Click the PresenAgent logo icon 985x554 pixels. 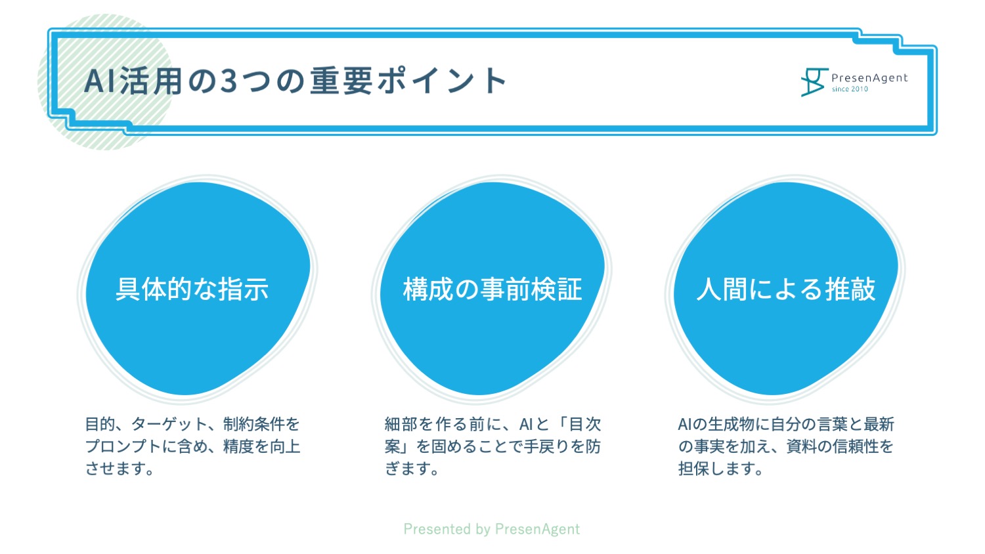(814, 82)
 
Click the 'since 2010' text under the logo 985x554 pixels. (850, 89)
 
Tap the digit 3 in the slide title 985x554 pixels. (229, 81)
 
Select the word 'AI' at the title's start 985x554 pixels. (100, 81)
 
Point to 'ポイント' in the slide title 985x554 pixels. (443, 81)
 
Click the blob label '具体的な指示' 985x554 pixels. (192, 289)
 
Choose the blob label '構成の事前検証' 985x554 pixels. (492, 289)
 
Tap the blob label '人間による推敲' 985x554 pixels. (786, 289)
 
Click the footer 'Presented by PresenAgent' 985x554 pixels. (492, 528)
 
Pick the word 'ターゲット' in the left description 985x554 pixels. (169, 424)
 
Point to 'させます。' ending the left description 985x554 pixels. (120, 469)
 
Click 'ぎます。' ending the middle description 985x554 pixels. (412, 469)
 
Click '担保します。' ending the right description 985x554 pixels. (721, 469)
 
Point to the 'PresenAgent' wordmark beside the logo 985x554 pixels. (869, 78)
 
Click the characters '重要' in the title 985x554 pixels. (341, 81)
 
